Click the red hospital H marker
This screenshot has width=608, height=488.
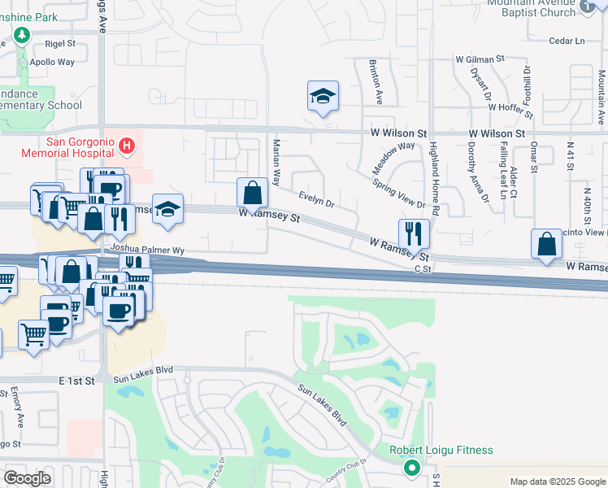tap(127, 146)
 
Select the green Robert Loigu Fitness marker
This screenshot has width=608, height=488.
tap(412, 468)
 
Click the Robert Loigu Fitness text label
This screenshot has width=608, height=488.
tap(441, 450)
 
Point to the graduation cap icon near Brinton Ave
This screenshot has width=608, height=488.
tap(323, 97)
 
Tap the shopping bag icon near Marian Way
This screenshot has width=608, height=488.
tap(253, 194)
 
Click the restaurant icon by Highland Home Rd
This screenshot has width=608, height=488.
tap(414, 233)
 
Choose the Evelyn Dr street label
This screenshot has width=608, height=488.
tap(317, 198)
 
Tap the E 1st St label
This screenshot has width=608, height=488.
tap(77, 380)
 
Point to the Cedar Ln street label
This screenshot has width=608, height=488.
tap(567, 41)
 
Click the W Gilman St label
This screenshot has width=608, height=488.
tap(480, 59)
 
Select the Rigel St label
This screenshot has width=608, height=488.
tap(60, 44)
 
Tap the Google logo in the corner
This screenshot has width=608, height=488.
tap(27, 478)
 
